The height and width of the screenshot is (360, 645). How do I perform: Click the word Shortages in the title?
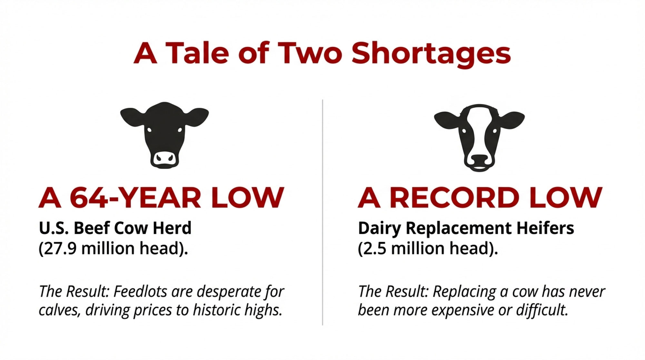click(x=431, y=54)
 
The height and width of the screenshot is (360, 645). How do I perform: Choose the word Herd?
click(x=172, y=228)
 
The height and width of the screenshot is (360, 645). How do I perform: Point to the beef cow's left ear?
click(x=133, y=117)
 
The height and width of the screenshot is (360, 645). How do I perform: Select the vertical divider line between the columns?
click(x=322, y=212)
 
